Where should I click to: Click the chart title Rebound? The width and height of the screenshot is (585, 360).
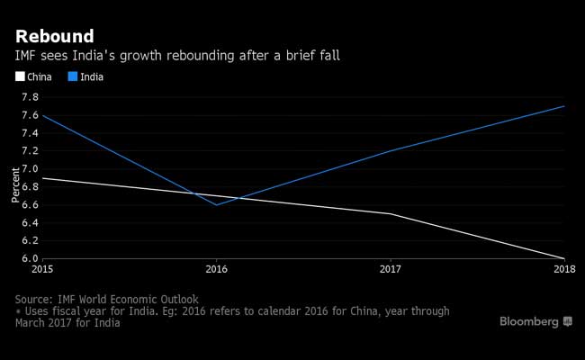pos(54,36)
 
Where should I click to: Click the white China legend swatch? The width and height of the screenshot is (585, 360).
pos(20,77)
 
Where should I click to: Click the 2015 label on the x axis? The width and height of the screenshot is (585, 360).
pos(42,268)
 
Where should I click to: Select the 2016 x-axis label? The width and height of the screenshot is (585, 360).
pos(216,268)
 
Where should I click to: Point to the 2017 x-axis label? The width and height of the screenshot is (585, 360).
pos(391,268)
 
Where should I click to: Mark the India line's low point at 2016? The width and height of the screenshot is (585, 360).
pos(216,204)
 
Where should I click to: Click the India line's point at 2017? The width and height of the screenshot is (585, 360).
pos(391,151)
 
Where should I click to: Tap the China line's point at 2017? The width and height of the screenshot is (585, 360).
pos(391,213)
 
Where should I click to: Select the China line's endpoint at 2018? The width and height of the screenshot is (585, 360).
pos(564,258)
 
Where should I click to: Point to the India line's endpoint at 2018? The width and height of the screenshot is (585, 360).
pos(564,106)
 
